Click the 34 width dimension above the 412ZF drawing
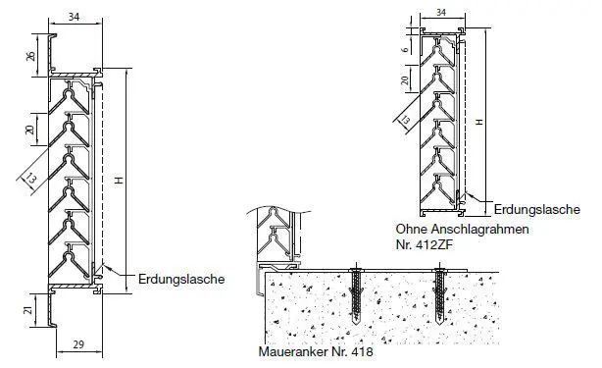[x=439, y=12]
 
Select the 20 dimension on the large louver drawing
[x=29, y=130]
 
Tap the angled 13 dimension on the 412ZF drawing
[x=404, y=120]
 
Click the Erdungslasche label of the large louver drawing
[x=181, y=279]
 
